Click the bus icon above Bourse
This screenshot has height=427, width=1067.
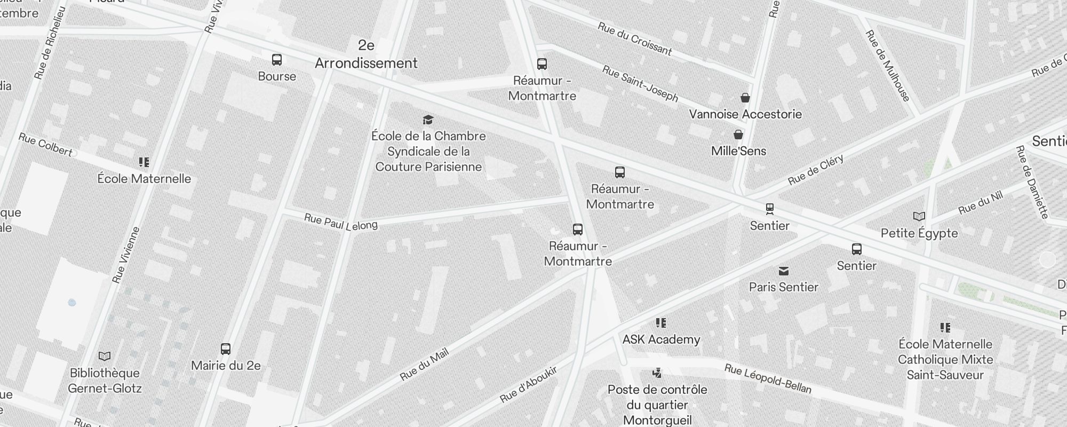(x=277, y=59)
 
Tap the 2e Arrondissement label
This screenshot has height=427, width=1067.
(x=366, y=54)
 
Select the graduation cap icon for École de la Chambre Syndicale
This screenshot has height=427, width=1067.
(x=428, y=120)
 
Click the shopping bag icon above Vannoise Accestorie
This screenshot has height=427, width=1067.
(x=745, y=98)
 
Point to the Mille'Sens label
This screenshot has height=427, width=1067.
(x=738, y=151)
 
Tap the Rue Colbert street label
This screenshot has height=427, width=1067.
(x=45, y=145)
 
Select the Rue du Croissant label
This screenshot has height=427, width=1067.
(x=634, y=39)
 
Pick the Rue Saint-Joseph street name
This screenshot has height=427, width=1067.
(x=640, y=84)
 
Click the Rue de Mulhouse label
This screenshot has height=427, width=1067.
(x=888, y=66)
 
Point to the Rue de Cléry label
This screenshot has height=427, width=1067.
(x=816, y=170)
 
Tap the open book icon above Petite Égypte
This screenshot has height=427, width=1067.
(x=919, y=216)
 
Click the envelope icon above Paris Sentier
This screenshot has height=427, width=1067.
(x=783, y=271)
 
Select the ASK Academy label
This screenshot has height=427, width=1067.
(x=661, y=339)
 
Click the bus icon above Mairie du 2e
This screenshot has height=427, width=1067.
(x=226, y=349)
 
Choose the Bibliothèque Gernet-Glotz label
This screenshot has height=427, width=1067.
(x=105, y=381)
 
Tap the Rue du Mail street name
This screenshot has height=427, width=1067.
(x=424, y=365)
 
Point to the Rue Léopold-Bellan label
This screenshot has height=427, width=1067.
(x=768, y=378)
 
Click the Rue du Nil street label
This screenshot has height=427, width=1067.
(x=981, y=203)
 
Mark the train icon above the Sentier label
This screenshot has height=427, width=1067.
(x=769, y=209)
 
